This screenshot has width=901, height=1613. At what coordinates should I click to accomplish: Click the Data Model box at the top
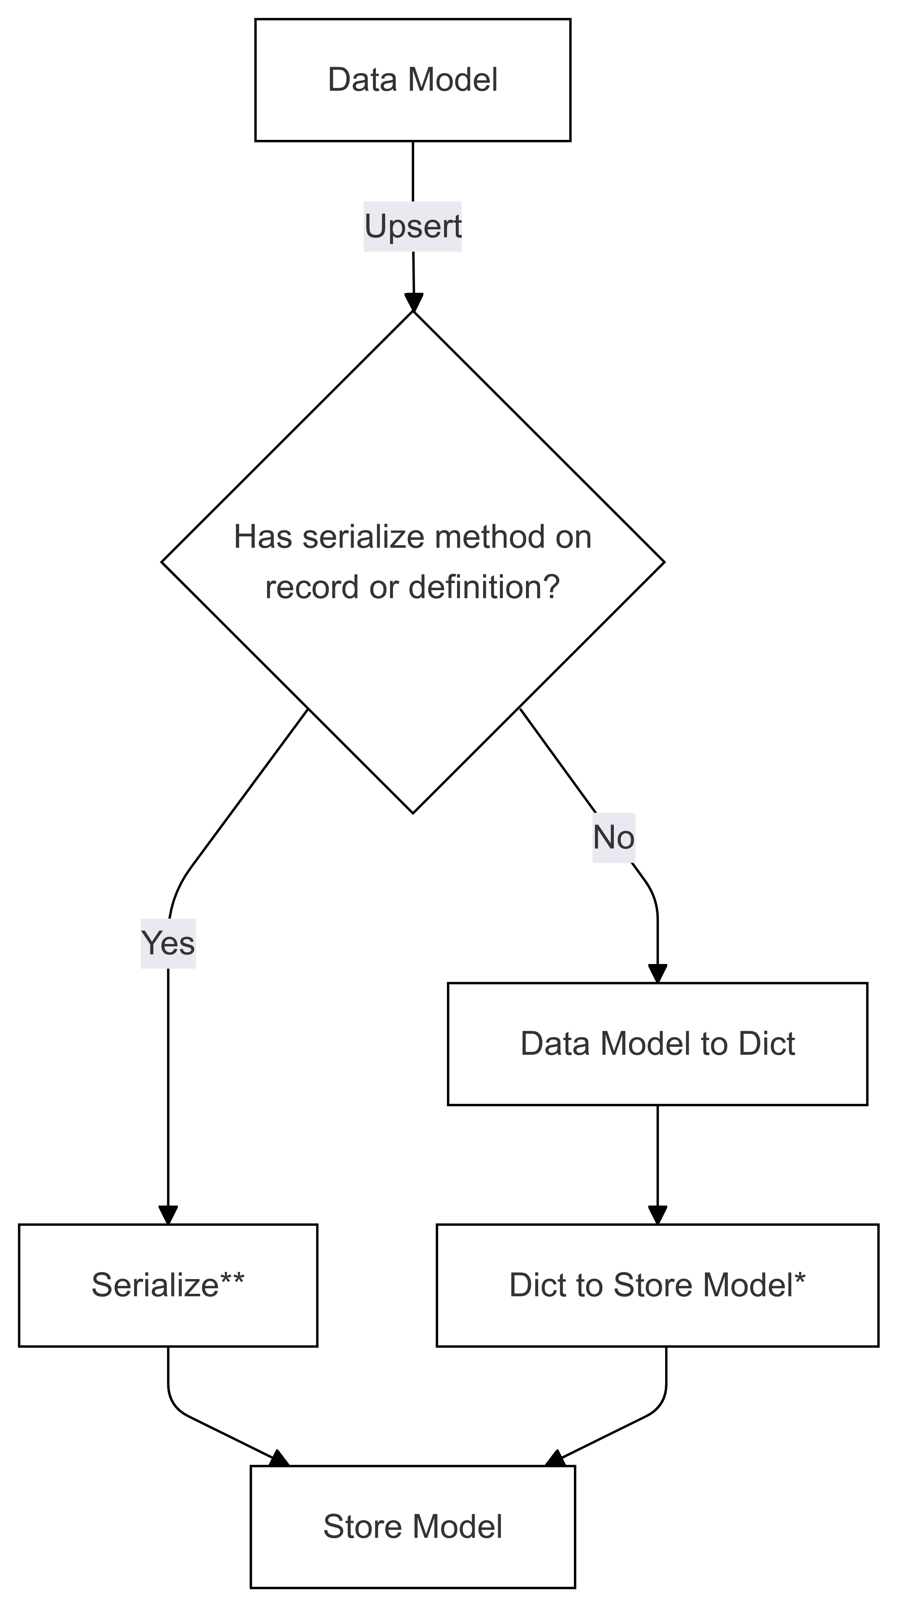tap(412, 80)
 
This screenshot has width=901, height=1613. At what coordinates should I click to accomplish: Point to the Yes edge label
tap(168, 943)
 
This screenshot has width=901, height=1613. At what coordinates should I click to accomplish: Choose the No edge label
tap(613, 838)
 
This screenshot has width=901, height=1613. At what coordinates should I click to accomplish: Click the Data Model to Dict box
tap(657, 1044)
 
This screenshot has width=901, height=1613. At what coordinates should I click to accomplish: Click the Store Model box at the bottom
tap(412, 1526)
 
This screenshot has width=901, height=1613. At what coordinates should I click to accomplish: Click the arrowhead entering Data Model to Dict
tap(657, 973)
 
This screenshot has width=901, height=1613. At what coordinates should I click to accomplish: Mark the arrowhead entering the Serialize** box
tap(168, 1215)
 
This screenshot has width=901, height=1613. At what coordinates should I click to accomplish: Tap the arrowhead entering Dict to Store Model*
tap(657, 1215)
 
